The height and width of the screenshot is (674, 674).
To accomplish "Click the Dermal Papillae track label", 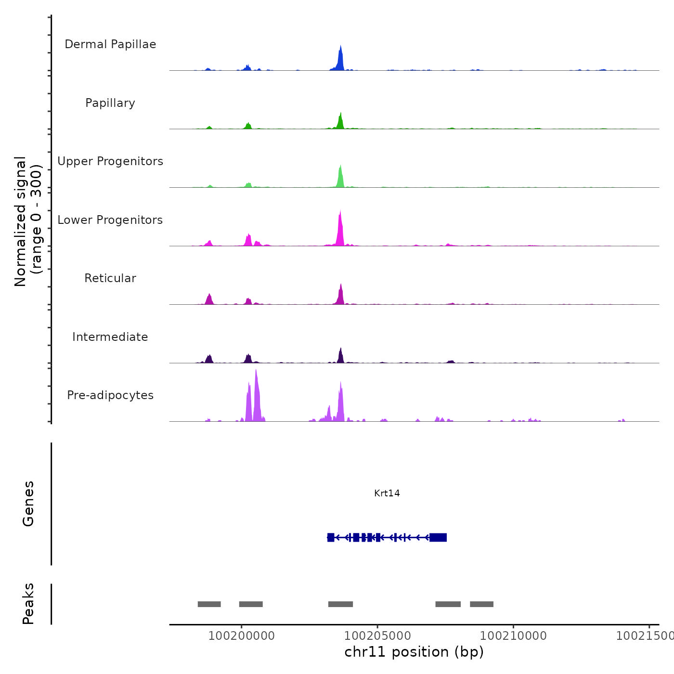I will point(110,44).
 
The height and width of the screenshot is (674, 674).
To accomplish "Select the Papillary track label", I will point(110,103).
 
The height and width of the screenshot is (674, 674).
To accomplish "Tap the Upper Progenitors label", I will point(110,161).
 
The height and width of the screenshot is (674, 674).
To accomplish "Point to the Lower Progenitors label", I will point(110,220).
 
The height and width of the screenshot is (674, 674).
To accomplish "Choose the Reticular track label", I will point(110,278).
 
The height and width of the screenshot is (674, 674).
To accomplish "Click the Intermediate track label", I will point(110,337).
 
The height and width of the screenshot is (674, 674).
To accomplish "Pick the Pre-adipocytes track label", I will point(110,395).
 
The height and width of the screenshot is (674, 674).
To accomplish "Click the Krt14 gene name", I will point(387,493).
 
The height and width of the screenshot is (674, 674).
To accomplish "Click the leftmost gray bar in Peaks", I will point(209,604).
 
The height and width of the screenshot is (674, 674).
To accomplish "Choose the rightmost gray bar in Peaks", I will point(481,604).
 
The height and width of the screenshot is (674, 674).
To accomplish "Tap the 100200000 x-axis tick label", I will point(242,635).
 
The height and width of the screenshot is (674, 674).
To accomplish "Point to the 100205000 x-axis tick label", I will point(377,635).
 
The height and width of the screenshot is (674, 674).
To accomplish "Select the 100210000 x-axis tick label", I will point(513,635).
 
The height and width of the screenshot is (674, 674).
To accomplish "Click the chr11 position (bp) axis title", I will point(414,652).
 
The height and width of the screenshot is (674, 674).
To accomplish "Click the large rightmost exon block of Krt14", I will point(438,537).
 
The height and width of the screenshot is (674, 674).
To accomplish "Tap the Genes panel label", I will point(28,504).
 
